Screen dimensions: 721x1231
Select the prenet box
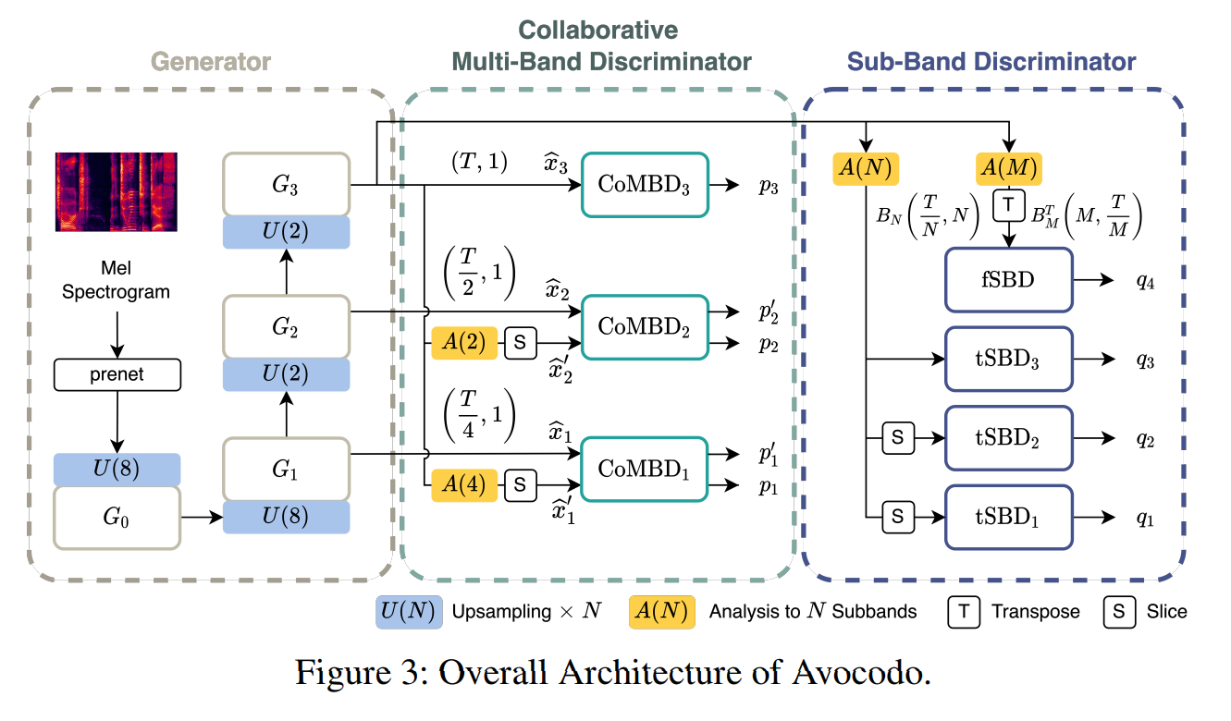117,374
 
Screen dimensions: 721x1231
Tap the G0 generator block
117,515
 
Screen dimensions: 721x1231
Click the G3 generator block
286,185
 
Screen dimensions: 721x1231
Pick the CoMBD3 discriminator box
645,185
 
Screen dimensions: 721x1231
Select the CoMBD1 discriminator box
645,468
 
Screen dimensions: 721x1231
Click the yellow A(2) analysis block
464,343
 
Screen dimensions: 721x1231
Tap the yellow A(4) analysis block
464,483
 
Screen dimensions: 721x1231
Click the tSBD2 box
1007,438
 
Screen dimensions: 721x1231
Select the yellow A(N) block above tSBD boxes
867,168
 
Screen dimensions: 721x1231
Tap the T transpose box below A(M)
1008,202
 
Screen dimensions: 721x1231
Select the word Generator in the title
211,62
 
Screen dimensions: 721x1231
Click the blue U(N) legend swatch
407,611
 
